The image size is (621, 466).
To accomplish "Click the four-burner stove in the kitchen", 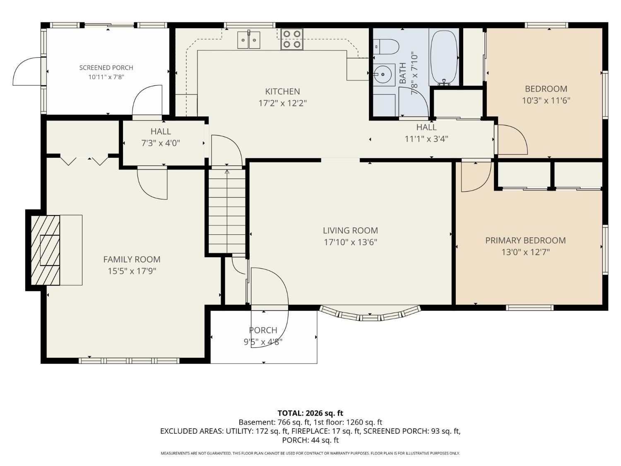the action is [292, 39].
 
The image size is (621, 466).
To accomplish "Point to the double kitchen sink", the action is [249, 40].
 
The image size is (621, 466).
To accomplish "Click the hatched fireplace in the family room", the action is [45, 250].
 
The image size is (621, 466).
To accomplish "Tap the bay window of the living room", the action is [370, 314].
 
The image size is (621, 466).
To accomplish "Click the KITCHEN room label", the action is [282, 92].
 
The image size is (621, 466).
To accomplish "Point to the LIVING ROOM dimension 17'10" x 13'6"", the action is [351, 242].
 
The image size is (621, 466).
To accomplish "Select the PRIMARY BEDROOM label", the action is [525, 241].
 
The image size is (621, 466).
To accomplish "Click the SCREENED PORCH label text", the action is [106, 68].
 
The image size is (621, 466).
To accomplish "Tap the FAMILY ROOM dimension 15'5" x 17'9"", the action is [132, 271].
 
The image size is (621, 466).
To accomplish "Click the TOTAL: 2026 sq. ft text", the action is [310, 413].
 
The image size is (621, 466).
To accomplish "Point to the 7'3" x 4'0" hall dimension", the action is [161, 143].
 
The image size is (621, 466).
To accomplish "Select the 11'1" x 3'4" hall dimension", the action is [426, 139].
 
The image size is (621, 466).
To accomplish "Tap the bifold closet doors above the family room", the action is [84, 159].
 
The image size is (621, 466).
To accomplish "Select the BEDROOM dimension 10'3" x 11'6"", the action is [546, 100].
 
